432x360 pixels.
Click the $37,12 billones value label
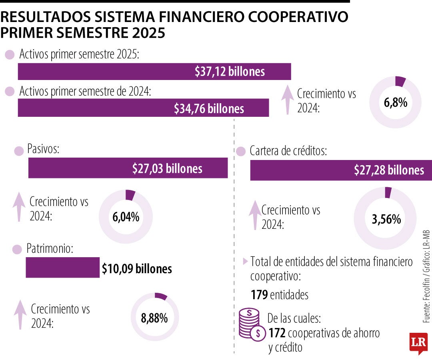pos(230,72)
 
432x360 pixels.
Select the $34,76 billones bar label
pos(209,108)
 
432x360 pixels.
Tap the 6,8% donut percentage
pos(395,103)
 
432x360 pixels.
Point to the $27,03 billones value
pos(167,168)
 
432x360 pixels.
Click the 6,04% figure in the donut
pos(126,217)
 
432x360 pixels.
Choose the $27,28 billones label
pos(389,170)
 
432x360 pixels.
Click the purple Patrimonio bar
pos(62,267)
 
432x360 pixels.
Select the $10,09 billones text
pos(137,269)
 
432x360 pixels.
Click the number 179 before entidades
pos(259,295)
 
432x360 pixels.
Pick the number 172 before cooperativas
pos(277,333)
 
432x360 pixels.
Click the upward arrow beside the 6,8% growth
pos(287,100)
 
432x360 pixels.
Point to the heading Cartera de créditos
pos(288,151)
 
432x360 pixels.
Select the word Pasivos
pos(43,150)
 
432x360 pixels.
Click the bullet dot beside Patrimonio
pos(17,250)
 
